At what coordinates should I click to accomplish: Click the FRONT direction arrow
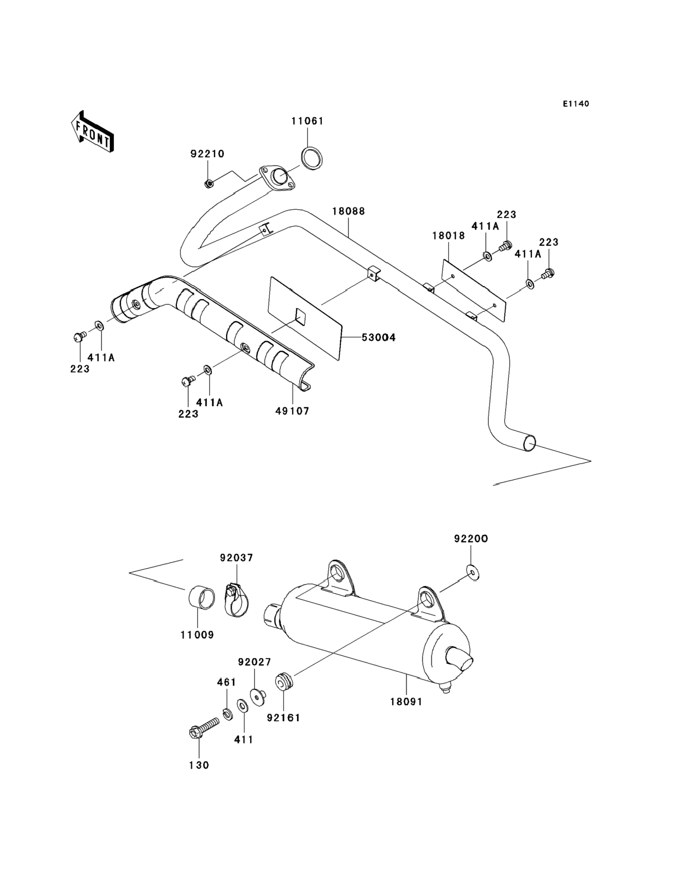(92, 131)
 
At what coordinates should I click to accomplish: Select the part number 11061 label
(307, 121)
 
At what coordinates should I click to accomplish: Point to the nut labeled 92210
(209, 184)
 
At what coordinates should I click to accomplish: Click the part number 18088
(349, 211)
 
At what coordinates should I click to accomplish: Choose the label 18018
(448, 235)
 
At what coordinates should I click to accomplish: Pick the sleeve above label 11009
(202, 602)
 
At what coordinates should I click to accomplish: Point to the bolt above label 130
(204, 728)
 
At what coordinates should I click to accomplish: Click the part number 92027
(254, 662)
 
